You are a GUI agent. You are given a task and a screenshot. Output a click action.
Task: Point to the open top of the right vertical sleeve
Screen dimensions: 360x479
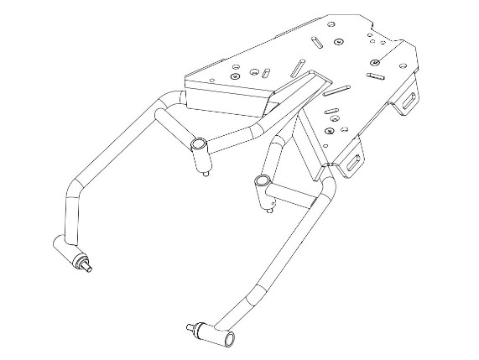coord(262,180)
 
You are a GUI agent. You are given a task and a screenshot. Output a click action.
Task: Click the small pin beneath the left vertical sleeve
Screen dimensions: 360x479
coord(207,174)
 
